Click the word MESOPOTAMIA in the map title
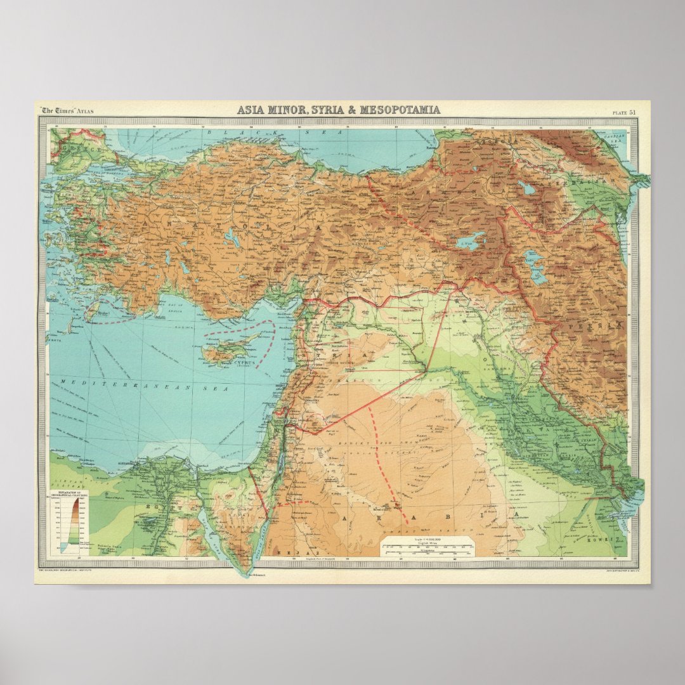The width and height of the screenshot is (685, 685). pos(400,110)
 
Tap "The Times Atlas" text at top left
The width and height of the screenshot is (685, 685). pos(67,110)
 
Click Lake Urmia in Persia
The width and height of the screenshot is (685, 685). pos(536,266)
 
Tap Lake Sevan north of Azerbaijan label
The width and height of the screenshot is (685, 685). pos(526,188)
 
